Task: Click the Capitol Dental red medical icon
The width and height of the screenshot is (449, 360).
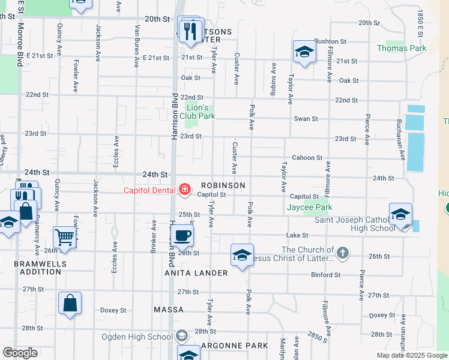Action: pyautogui.click(x=185, y=191)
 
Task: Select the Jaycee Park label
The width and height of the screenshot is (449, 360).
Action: pyautogui.click(x=310, y=208)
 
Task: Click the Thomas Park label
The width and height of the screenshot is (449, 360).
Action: pyautogui.click(x=401, y=48)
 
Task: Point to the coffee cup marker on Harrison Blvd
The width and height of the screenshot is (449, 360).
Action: pyautogui.click(x=184, y=235)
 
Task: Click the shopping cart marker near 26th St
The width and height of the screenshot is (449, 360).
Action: pyautogui.click(x=64, y=238)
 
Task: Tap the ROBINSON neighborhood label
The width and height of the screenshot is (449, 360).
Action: pyautogui.click(x=223, y=185)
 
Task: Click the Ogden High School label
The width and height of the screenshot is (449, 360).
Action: pyautogui.click(x=136, y=336)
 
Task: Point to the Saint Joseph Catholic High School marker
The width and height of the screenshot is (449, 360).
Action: pyautogui.click(x=400, y=215)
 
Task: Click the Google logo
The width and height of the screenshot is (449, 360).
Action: pyautogui.click(x=20, y=353)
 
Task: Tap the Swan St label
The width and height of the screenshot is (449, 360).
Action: pyautogui.click(x=305, y=119)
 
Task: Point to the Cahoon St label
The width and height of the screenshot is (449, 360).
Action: pyautogui.click(x=307, y=158)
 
